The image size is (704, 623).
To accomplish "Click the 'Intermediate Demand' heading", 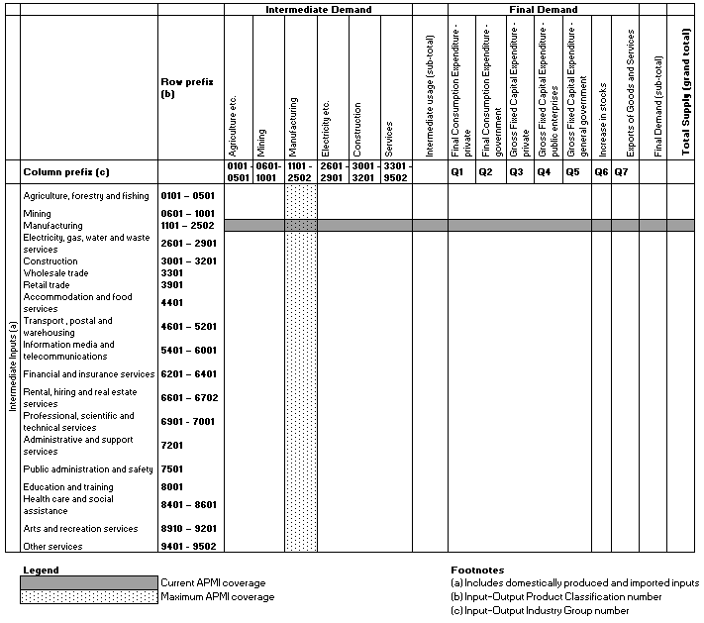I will point(318,9).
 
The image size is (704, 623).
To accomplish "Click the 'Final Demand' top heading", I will point(543,9).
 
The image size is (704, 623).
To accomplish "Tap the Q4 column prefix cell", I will point(544,172).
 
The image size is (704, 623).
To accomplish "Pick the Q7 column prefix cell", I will point(621,172).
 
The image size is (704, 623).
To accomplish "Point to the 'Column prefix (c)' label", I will point(64,172).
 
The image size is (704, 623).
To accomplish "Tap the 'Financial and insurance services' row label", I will point(88,374).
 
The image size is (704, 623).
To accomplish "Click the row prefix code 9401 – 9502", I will point(187,546).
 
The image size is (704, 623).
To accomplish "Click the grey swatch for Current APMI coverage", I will point(89,582).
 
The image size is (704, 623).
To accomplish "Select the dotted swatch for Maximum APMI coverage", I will point(89,596).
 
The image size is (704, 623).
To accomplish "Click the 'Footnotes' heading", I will point(477,571).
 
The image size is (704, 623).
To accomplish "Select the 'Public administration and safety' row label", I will point(88,468).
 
